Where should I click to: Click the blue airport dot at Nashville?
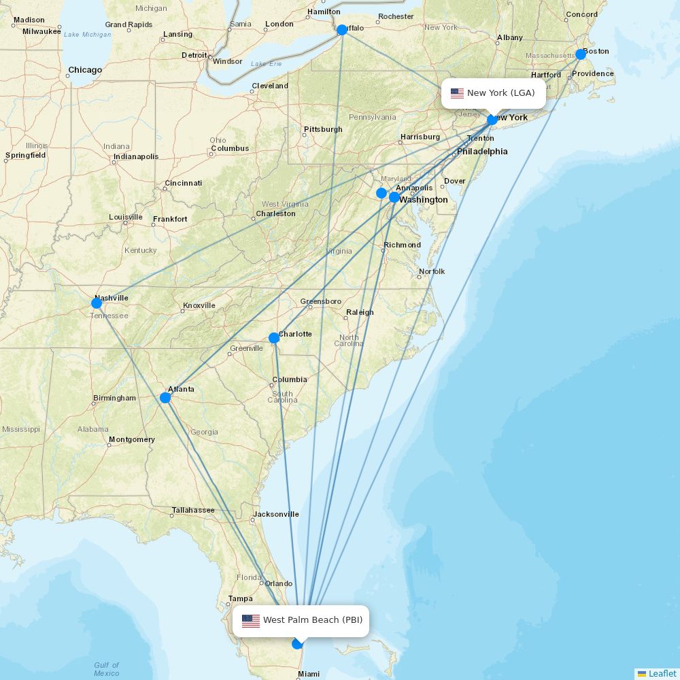pos(97,303)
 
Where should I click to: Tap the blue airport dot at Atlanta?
pos(165,398)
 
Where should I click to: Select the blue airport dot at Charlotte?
pos(273,338)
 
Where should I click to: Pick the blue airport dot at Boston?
pos(581,54)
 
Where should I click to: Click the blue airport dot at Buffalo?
pos(342,30)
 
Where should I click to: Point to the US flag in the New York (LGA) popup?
pos(457,93)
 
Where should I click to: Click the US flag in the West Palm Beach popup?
pos(251,620)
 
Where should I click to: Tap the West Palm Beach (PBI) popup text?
pos(313,620)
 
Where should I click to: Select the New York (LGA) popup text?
pos(500,93)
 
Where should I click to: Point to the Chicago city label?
pos(85,70)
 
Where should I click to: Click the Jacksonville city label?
pos(276,515)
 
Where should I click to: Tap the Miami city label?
pos(309,674)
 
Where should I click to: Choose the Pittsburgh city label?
pos(324,129)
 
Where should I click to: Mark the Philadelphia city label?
pos(482,152)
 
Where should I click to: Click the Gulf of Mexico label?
pos(107,669)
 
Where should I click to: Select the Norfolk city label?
pos(432,271)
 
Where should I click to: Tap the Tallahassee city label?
pos(193,510)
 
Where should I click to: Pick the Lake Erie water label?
pos(266,64)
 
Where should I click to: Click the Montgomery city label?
pos(132,439)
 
